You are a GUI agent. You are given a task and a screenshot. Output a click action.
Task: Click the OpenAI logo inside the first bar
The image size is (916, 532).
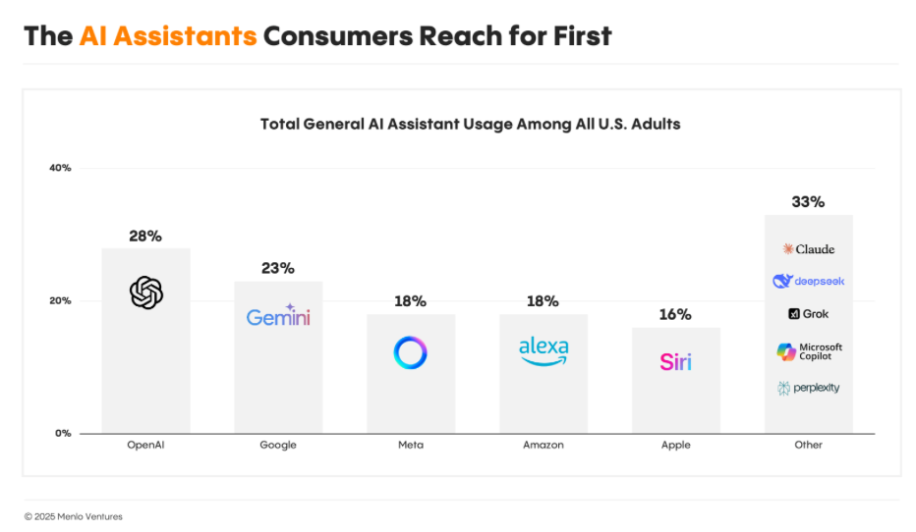(145, 293)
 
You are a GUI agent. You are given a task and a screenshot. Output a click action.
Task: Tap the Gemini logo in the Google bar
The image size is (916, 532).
(278, 316)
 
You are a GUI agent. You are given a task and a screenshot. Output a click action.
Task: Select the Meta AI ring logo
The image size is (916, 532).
(410, 353)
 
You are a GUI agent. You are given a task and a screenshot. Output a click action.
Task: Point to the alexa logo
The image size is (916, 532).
(544, 350)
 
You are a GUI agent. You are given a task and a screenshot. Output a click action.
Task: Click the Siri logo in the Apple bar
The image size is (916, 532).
(675, 361)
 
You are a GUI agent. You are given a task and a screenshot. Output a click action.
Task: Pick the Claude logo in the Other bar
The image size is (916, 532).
(808, 249)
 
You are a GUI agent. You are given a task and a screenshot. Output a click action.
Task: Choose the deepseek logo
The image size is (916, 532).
(808, 282)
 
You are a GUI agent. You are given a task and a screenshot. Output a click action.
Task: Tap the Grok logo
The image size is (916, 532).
(808, 314)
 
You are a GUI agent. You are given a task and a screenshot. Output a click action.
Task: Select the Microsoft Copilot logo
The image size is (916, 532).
(808, 351)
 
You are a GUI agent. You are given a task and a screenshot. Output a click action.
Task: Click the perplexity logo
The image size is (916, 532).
(808, 388)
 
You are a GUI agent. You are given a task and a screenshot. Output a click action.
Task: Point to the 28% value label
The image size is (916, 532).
(145, 237)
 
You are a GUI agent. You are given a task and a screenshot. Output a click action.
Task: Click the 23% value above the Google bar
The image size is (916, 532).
(278, 268)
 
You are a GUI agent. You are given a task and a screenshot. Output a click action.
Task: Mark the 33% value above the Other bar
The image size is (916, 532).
(808, 202)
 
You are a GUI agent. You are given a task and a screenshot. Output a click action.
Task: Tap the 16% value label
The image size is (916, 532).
(675, 315)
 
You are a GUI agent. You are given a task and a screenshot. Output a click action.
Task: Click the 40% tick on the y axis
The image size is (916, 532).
(60, 168)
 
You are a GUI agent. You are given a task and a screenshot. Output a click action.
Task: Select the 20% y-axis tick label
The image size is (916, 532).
(60, 300)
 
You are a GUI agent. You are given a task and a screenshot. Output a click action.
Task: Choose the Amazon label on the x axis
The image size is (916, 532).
(544, 445)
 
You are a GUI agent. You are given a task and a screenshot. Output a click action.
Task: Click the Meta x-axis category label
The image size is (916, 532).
(411, 445)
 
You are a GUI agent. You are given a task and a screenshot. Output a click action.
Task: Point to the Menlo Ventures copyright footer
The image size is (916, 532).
(74, 516)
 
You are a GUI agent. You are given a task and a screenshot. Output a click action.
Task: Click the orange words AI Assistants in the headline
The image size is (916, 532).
(168, 36)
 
